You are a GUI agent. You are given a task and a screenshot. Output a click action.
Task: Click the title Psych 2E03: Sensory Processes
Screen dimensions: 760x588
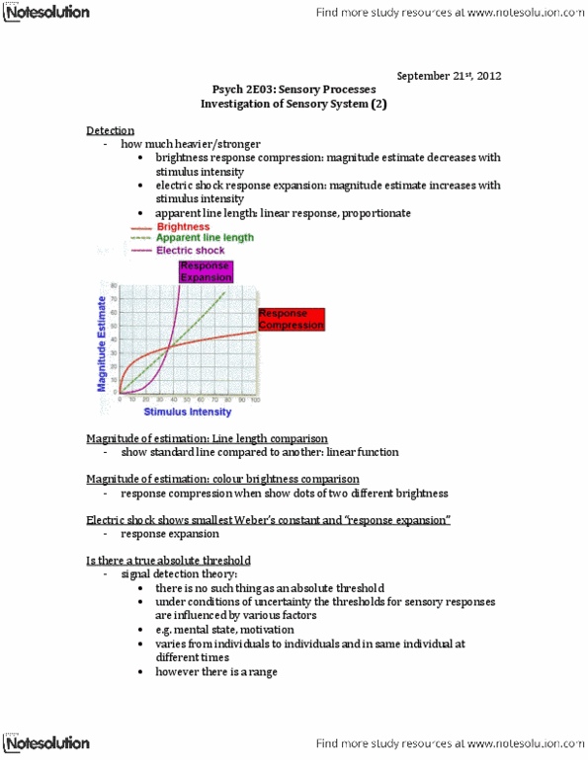[294, 89]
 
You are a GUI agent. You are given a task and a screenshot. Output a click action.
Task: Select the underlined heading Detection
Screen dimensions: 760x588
[110, 130]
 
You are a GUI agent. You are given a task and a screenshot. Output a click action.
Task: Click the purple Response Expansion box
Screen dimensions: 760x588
[204, 271]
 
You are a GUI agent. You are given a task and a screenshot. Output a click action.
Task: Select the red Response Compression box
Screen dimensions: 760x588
[290, 317]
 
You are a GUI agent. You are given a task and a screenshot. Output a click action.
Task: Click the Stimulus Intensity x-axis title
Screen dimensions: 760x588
[188, 411]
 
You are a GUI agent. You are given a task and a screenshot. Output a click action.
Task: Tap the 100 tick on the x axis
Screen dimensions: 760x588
[255, 399]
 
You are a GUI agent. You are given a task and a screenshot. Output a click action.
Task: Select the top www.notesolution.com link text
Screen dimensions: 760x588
[514, 13]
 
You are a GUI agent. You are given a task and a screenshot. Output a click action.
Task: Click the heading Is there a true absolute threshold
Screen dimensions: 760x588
[168, 560]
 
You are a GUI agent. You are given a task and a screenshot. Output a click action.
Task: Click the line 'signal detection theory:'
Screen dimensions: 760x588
[178, 573]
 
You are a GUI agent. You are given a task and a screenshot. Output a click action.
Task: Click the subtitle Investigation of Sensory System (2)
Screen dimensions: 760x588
[294, 103]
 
